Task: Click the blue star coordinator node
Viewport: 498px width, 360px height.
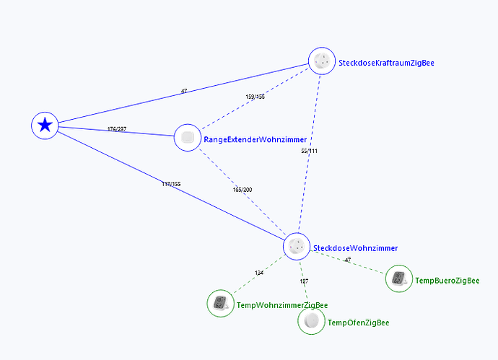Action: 45,126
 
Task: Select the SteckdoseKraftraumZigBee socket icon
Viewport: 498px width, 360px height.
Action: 322,62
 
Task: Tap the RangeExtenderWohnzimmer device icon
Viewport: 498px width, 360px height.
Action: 188,137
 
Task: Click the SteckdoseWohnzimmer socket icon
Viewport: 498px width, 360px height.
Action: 297,247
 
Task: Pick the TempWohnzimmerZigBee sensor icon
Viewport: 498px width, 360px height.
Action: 220,303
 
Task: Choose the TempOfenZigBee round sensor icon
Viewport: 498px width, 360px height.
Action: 311,321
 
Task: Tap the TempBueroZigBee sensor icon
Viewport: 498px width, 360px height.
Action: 399,279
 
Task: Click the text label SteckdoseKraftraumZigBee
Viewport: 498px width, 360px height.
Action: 386,63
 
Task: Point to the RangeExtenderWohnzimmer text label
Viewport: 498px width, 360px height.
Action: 255,139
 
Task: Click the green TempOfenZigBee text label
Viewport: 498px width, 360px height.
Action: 358,323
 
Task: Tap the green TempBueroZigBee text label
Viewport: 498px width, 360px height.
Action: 447,281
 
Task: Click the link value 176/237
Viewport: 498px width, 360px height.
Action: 116,130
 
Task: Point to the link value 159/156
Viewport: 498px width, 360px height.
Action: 255,97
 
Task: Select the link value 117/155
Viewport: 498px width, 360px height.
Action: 171,184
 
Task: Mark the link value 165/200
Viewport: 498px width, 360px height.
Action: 243,190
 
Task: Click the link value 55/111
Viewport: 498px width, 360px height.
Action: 309,152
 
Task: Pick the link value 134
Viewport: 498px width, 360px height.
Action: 259,273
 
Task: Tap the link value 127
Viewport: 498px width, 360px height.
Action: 304,281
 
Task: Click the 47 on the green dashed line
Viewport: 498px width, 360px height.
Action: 348,260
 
